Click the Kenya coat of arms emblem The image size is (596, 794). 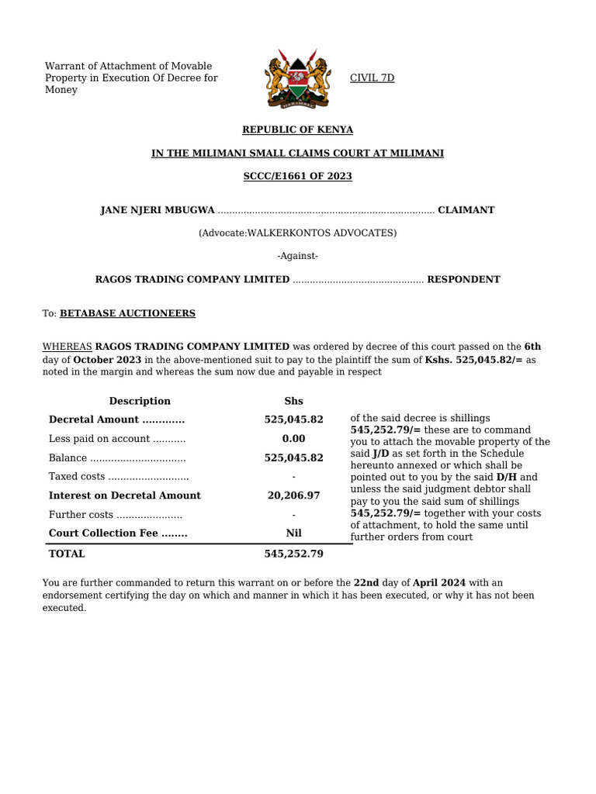[x=297, y=78]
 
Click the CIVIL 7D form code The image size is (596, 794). [x=372, y=78]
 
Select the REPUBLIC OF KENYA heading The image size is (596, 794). [x=297, y=129]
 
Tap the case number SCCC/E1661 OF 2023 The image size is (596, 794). [x=297, y=176]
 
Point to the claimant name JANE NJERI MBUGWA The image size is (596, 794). [x=158, y=210]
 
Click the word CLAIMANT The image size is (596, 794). [x=466, y=210]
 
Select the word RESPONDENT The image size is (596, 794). [x=463, y=279]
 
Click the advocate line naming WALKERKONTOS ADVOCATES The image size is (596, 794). [x=297, y=233]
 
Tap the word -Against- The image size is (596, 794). [x=297, y=256]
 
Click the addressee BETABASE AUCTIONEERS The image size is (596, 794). [x=127, y=313]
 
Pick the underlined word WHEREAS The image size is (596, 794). [x=67, y=347]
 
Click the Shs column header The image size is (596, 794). [x=293, y=401]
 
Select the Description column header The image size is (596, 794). [x=140, y=401]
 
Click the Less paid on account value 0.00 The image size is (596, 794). [x=293, y=439]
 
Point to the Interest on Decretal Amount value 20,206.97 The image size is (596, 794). [x=293, y=495]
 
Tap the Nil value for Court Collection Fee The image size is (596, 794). [x=293, y=533]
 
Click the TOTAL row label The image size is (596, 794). [x=67, y=554]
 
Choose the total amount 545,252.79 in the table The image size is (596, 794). [x=293, y=554]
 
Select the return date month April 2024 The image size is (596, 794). [x=438, y=583]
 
